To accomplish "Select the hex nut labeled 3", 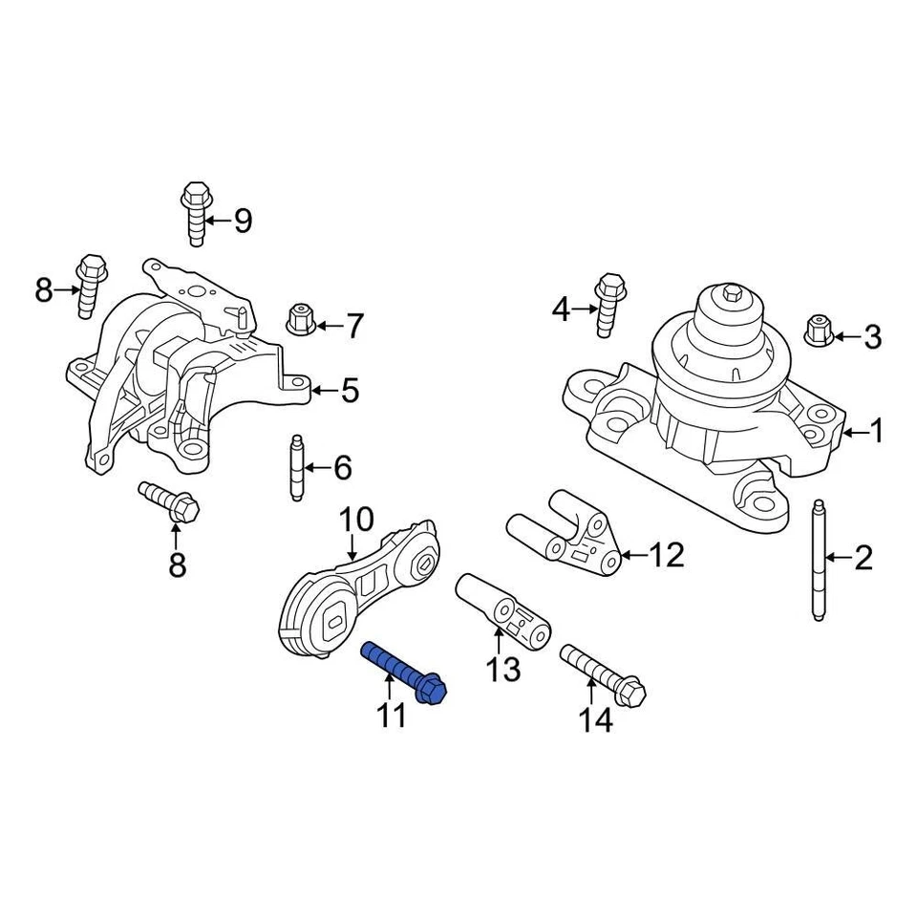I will coord(819,330).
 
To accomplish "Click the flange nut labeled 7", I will coord(301,320).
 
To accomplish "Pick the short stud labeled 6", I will coord(297,467).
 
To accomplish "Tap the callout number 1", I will coord(876,433).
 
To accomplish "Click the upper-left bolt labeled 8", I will coord(90,284).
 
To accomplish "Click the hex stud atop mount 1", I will coord(732,292).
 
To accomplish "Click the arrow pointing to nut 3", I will coord(846,336).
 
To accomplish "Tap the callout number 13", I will coord(502,670).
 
